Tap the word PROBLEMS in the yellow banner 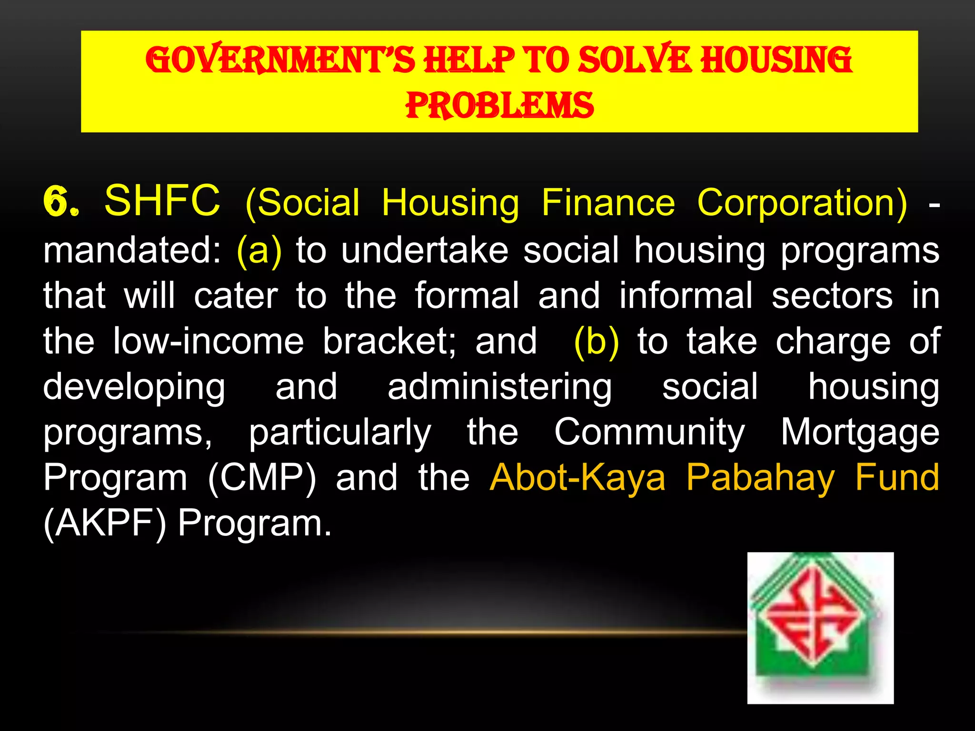[499, 105]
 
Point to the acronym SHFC [162, 201]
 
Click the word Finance [608, 203]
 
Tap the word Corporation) [802, 203]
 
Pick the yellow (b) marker [597, 342]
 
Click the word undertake [425, 250]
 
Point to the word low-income [208, 342]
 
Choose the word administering [499, 387]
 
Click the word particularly [340, 433]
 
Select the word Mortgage [860, 433]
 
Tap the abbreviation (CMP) [262, 478]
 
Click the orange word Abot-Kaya [577, 478]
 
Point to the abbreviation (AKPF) [105, 524]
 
